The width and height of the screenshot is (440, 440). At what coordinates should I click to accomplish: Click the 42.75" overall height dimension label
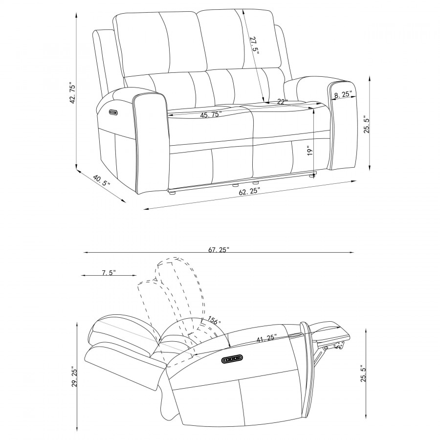(72, 93)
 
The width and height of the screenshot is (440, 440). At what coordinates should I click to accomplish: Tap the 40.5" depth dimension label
(102, 181)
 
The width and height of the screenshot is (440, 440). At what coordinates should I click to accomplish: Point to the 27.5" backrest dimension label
(253, 45)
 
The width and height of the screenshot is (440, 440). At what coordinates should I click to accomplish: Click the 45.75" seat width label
(211, 114)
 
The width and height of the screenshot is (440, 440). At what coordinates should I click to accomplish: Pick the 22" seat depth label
(283, 102)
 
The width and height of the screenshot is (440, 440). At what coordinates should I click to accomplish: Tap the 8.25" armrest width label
(344, 94)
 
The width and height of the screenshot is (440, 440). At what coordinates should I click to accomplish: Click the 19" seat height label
(310, 151)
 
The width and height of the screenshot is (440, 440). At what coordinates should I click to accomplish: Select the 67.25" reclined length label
(219, 249)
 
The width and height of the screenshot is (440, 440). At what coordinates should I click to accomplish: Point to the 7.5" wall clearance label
(109, 272)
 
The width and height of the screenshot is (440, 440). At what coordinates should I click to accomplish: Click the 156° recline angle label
(215, 320)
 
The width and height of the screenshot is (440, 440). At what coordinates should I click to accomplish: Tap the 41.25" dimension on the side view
(267, 338)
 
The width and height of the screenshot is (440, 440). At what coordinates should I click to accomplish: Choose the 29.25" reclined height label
(74, 376)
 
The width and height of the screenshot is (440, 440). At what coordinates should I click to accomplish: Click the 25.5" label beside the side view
(363, 373)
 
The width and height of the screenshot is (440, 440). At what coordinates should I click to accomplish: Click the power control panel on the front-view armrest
(112, 112)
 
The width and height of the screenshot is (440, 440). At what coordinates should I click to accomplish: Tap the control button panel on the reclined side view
(232, 359)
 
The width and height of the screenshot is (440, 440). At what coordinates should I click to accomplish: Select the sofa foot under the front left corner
(173, 193)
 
